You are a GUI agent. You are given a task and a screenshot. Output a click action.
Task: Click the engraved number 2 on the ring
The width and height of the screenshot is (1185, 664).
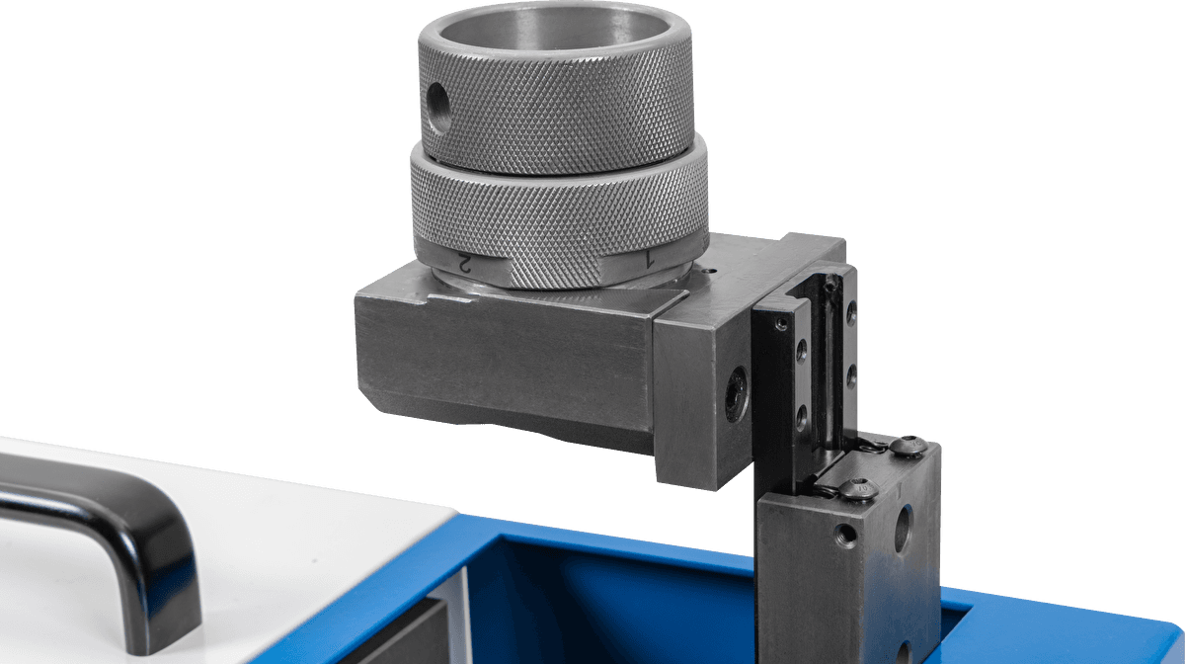(464, 263)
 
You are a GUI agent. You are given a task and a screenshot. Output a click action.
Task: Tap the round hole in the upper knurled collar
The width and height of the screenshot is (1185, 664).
(438, 108)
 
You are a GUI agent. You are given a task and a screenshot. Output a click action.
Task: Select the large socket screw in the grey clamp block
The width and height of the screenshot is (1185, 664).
(737, 394)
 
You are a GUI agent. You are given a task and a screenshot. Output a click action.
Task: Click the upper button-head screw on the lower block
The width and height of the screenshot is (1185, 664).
(908, 445)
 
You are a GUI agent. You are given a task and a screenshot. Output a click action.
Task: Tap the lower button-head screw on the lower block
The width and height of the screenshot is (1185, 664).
(859, 488)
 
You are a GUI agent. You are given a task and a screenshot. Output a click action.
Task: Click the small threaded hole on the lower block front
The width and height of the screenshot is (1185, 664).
(846, 536)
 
